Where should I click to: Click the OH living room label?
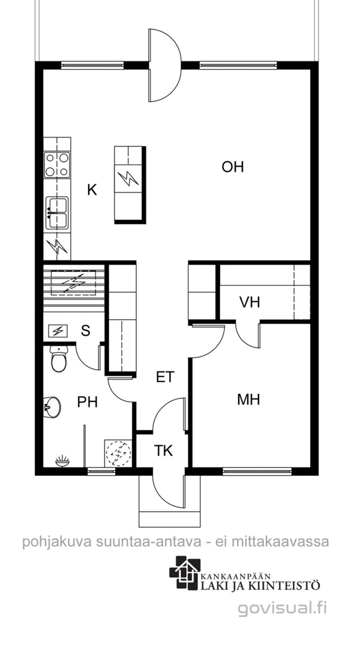pyautogui.click(x=233, y=167)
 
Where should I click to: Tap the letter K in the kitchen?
pyautogui.click(x=92, y=190)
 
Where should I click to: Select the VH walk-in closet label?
pyautogui.click(x=250, y=302)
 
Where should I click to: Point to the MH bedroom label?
pyautogui.click(x=248, y=399)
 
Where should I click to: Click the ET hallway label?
pyautogui.click(x=165, y=377)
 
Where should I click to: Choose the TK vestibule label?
pyautogui.click(x=163, y=451)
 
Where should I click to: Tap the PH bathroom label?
pyautogui.click(x=88, y=402)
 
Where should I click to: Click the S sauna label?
pyautogui.click(x=86, y=331)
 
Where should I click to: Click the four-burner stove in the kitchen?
pyautogui.click(x=58, y=164)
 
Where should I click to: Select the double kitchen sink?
pyautogui.click(x=57, y=212)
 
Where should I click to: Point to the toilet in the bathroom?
pyautogui.click(x=58, y=358)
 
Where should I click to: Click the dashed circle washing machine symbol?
pyautogui.click(x=118, y=453)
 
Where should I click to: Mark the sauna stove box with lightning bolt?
pyautogui.click(x=58, y=331)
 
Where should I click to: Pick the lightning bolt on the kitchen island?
pyautogui.click(x=128, y=179)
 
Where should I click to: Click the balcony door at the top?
pyautogui.click(x=164, y=65)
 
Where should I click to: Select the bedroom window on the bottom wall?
pyautogui.click(x=257, y=471)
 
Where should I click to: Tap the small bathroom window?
pyautogui.click(x=101, y=471)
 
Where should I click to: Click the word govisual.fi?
pyautogui.click(x=282, y=608)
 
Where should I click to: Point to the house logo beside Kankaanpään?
pyautogui.click(x=185, y=573)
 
